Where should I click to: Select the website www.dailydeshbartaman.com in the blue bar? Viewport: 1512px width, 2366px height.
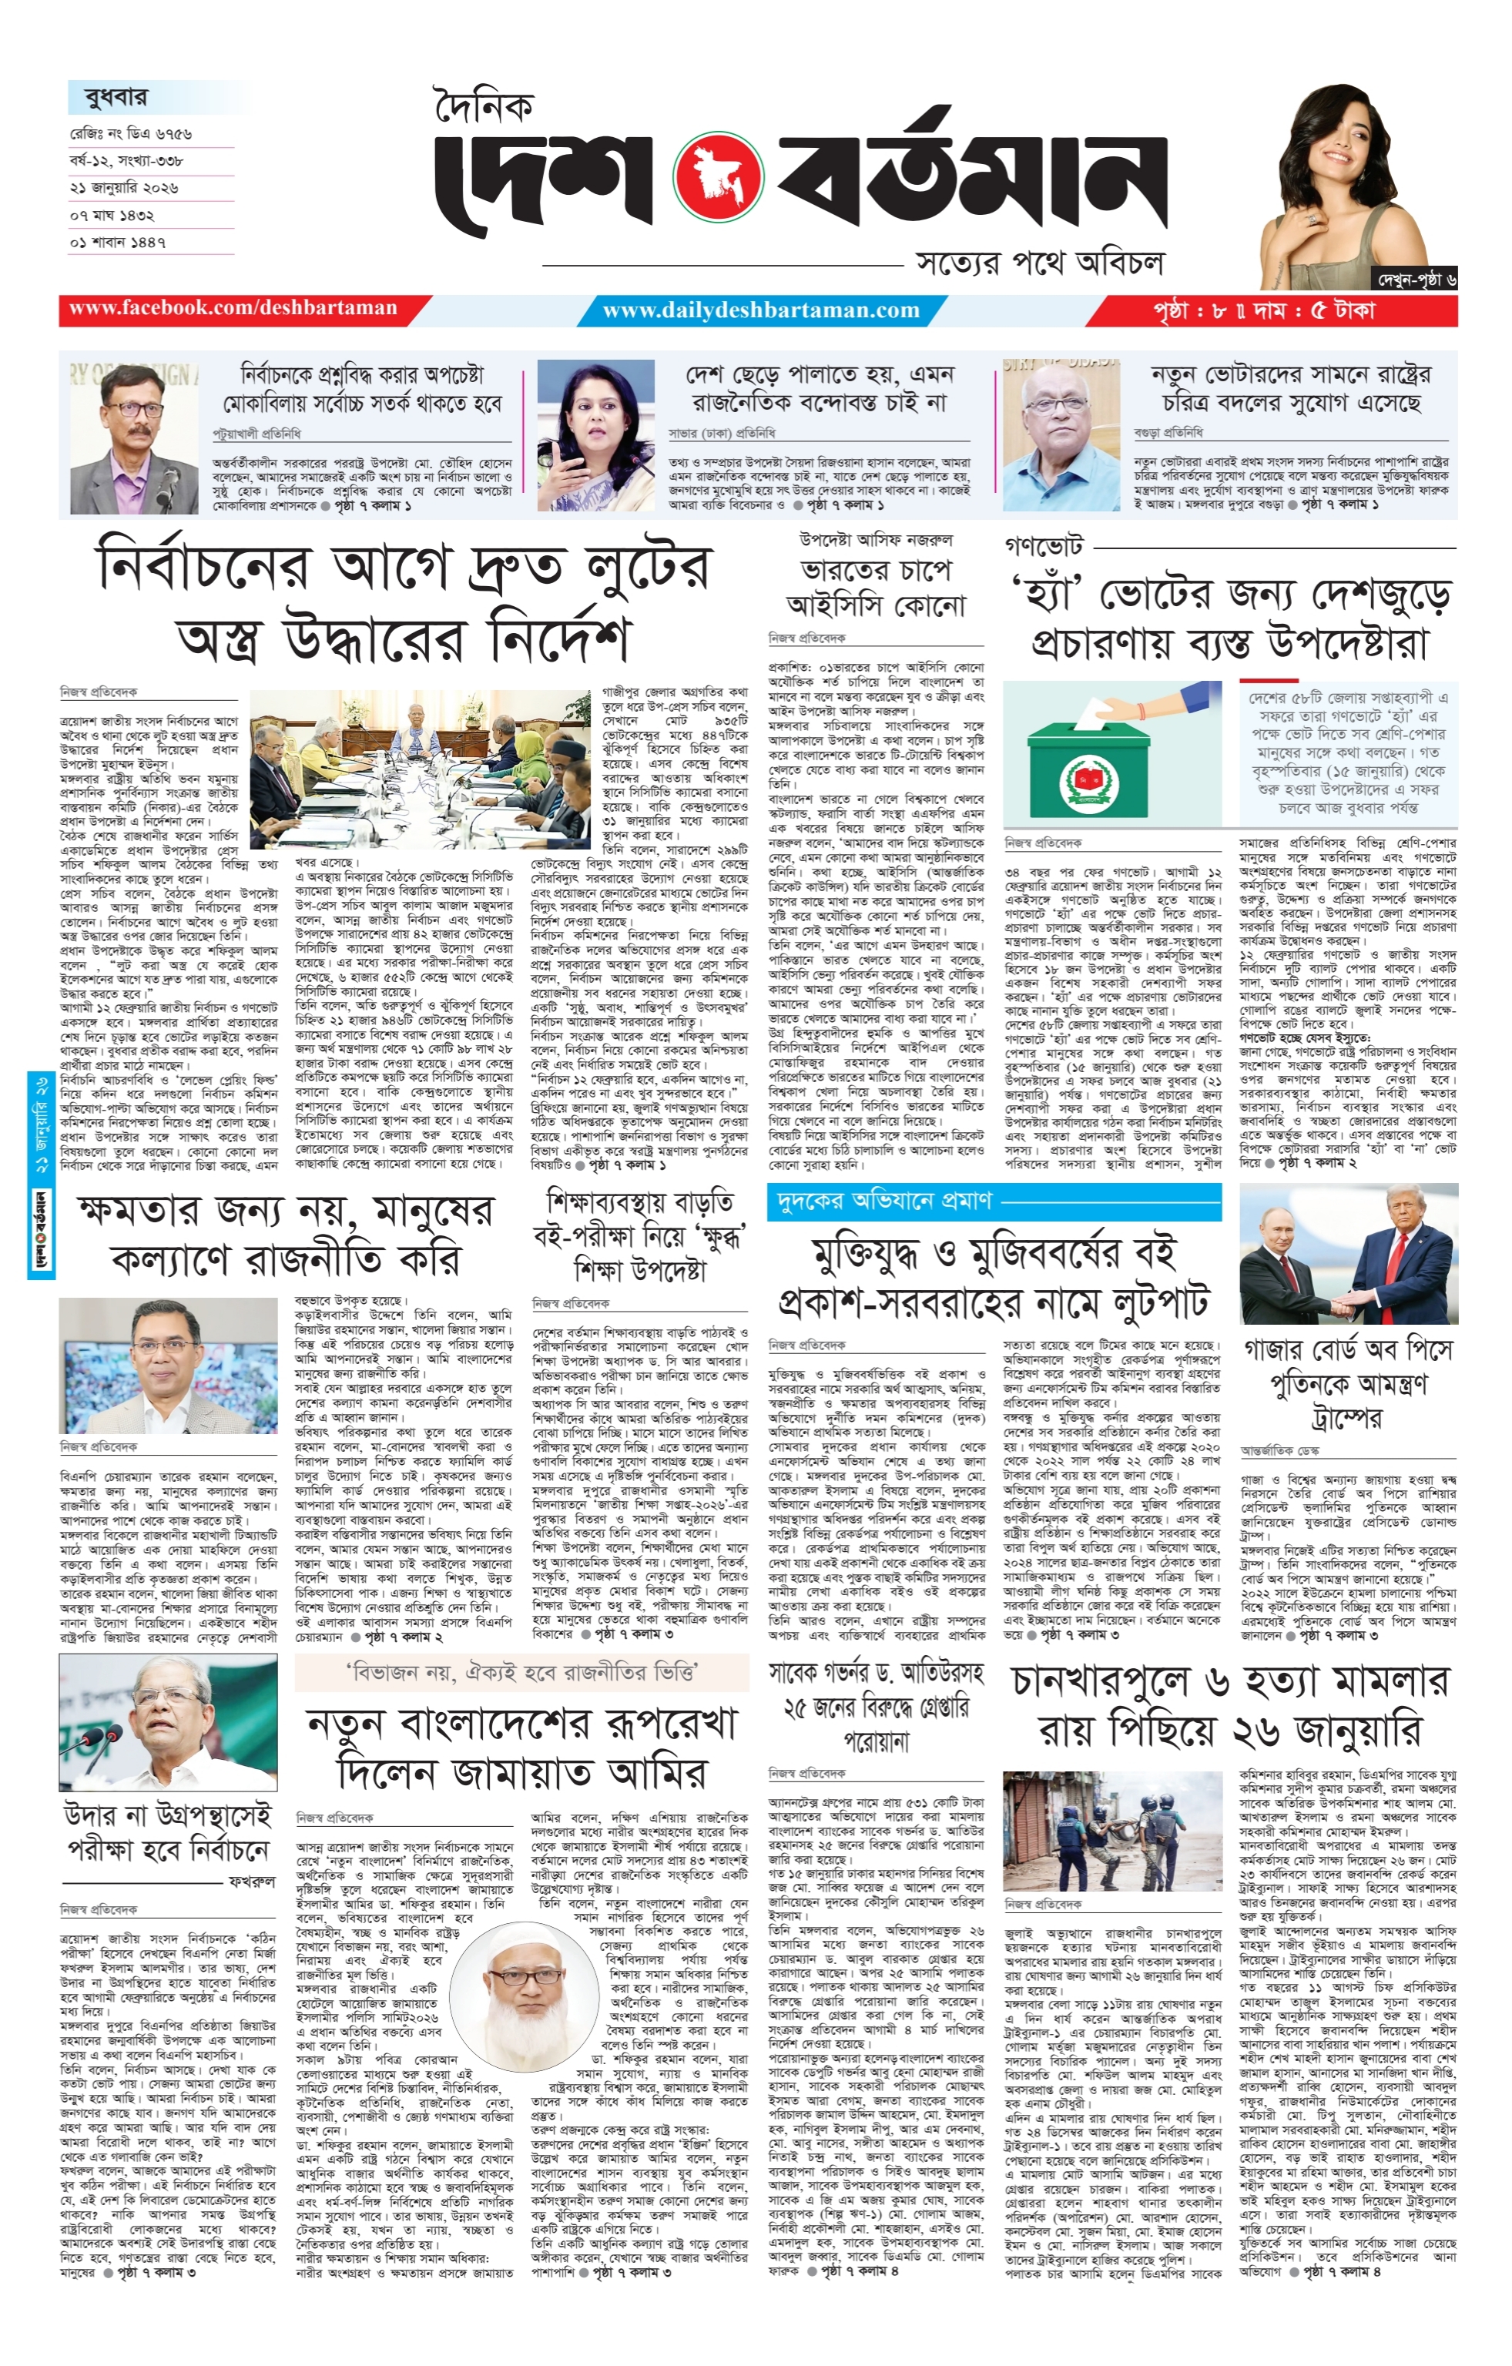pyautogui.click(x=762, y=310)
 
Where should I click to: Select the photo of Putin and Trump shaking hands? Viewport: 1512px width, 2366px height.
pyautogui.click(x=1348, y=1255)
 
